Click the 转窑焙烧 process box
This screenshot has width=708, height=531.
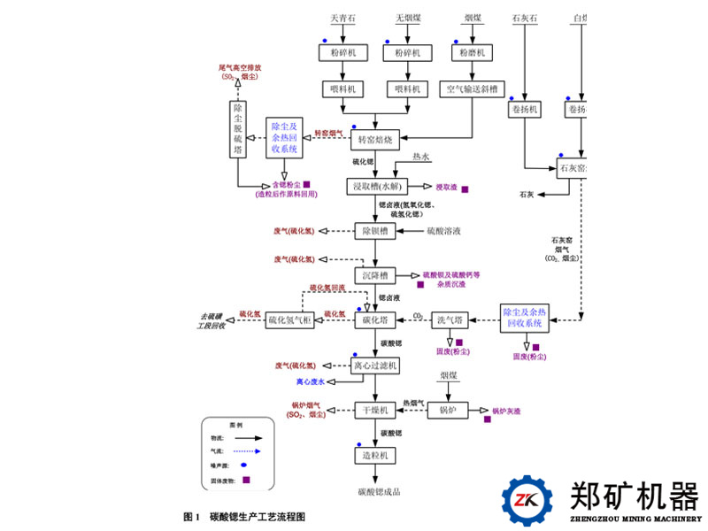point(376,140)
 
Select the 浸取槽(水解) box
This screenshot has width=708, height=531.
point(376,187)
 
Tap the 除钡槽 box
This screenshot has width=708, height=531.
point(375,231)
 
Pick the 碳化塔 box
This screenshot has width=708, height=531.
point(375,320)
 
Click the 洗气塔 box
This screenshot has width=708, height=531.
point(450,320)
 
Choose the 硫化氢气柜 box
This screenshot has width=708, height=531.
point(290,320)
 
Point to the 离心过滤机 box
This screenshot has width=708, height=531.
point(375,365)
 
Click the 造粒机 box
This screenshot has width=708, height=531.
point(375,455)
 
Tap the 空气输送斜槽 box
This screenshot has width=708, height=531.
point(471,89)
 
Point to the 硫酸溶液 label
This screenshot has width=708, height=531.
point(443,231)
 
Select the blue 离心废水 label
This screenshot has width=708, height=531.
point(311,382)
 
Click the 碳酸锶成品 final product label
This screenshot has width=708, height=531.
point(375,490)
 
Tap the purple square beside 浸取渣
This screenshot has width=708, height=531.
point(465,189)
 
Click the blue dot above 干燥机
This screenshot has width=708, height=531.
point(358,397)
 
